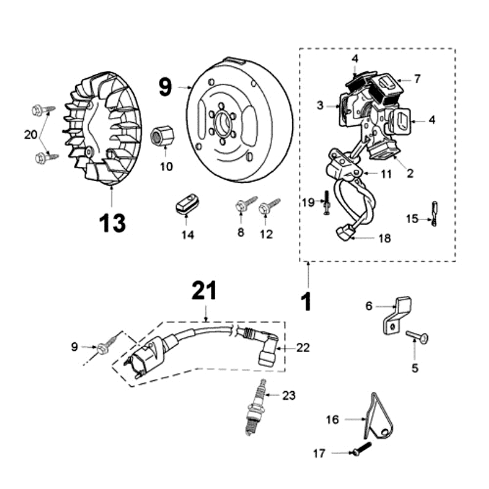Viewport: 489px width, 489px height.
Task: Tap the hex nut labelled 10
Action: coord(161,134)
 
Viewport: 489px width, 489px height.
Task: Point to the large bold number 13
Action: coord(112,222)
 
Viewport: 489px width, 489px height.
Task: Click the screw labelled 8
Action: coord(246,204)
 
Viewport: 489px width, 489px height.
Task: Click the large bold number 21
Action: coord(205,290)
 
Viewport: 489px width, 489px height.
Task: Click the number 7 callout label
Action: coord(417,79)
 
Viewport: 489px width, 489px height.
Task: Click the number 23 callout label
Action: coord(289,395)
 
